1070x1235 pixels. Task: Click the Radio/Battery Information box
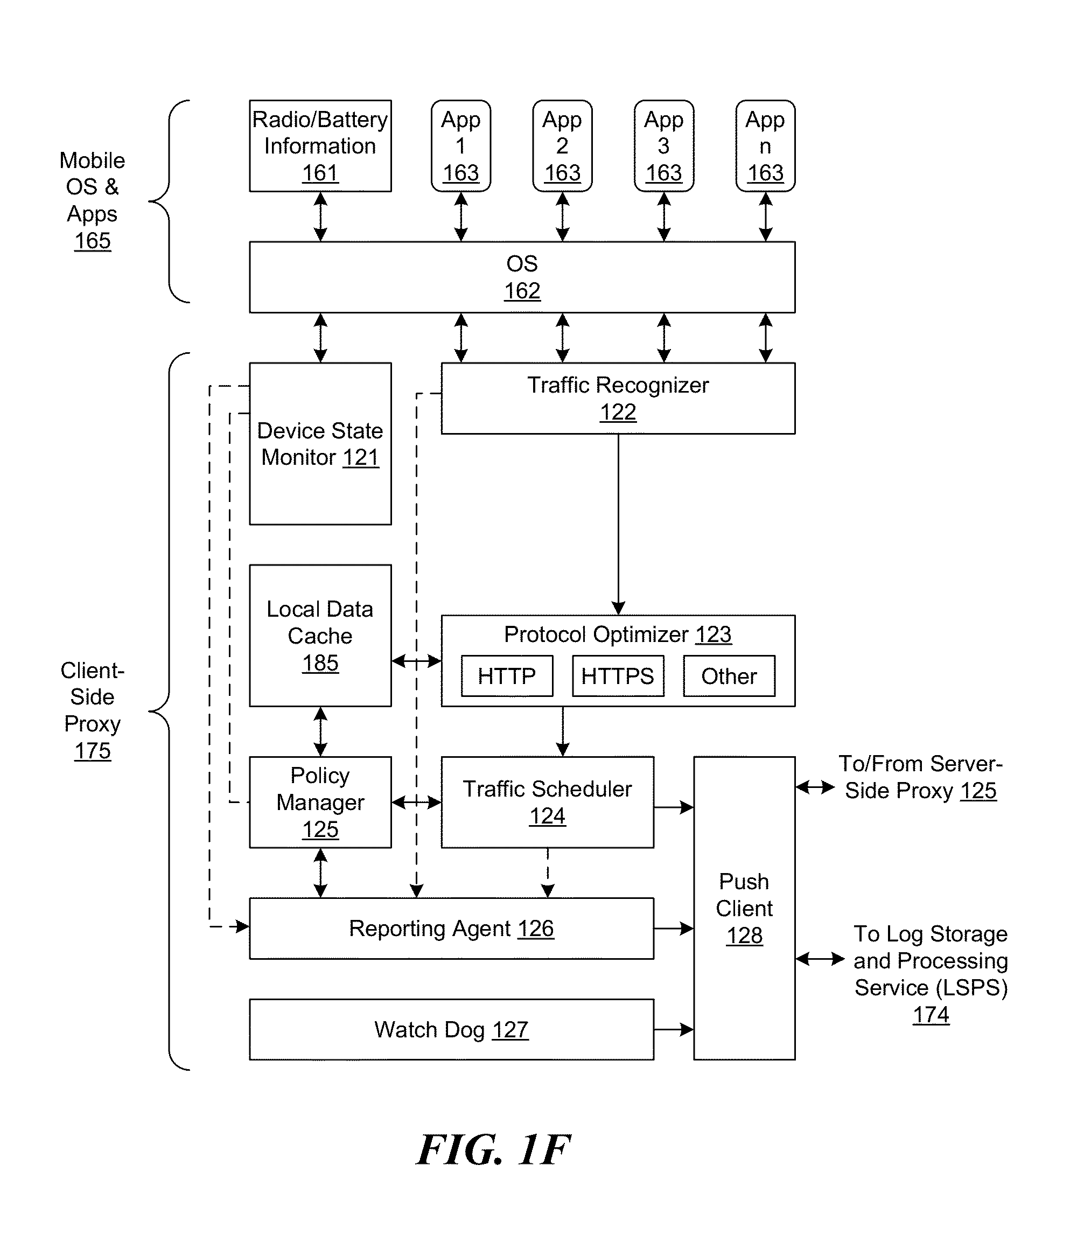(320, 146)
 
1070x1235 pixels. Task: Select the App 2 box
(562, 146)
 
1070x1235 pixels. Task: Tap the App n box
(765, 146)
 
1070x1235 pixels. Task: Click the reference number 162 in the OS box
(522, 291)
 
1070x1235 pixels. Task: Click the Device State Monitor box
(320, 444)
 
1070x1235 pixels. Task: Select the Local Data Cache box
(320, 636)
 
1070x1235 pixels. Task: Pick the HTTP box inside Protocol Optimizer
(506, 676)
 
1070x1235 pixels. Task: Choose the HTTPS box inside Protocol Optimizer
(618, 676)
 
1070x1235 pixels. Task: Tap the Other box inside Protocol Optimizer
(729, 676)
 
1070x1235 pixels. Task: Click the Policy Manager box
(320, 802)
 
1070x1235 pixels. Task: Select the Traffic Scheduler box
(547, 802)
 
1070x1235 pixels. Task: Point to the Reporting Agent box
(451, 929)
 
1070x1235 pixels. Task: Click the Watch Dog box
(451, 1030)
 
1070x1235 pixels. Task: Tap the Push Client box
(744, 908)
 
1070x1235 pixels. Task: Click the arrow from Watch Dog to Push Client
(674, 1030)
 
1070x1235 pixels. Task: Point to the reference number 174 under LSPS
(931, 1015)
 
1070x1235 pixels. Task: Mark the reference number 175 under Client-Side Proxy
(93, 751)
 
